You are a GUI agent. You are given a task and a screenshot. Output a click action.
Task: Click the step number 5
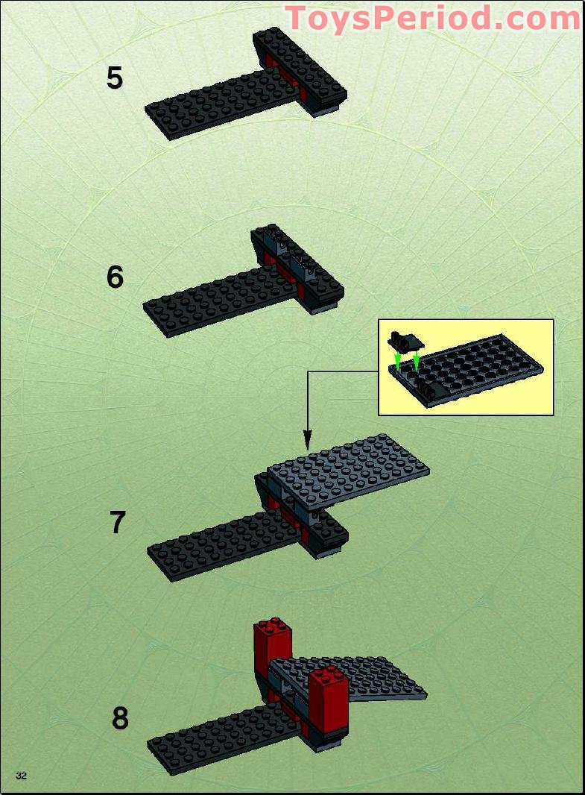(114, 78)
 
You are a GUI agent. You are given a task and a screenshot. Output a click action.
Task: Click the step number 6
(115, 277)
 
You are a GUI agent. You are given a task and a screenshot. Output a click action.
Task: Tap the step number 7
(118, 523)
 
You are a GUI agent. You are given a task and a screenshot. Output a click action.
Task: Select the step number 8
(120, 718)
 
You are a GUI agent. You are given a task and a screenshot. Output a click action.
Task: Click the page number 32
(21, 776)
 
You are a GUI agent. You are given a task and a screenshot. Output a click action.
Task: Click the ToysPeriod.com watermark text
(432, 17)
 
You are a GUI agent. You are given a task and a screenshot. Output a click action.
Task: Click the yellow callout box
(466, 367)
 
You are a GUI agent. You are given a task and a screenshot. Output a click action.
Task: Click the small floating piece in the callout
(403, 342)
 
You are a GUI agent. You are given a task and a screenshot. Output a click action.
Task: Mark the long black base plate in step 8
(216, 742)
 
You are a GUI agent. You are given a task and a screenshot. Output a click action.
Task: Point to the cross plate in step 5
(302, 67)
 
